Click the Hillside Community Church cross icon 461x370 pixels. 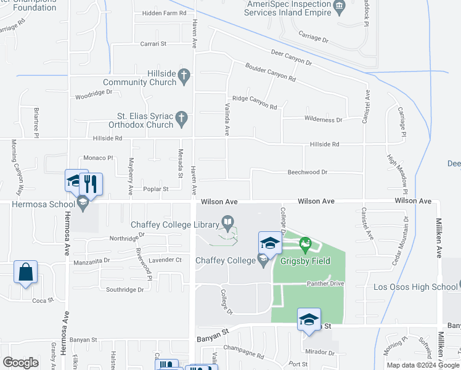pyautogui.click(x=183, y=77)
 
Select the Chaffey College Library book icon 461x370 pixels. pyautogui.click(x=227, y=222)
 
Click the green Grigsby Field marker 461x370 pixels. pyautogui.click(x=304, y=246)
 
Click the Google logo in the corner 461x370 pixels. pyautogui.click(x=20, y=363)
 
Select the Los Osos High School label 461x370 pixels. pyautogui.click(x=415, y=287)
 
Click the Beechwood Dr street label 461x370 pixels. pyautogui.click(x=307, y=173)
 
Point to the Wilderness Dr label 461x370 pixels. pyautogui.click(x=322, y=120)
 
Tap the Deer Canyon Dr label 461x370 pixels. pyautogui.click(x=288, y=58)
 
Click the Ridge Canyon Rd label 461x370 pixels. pyautogui.click(x=255, y=102)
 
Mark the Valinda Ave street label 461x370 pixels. pyautogui.click(x=226, y=120)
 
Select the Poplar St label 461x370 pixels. pyautogui.click(x=156, y=189)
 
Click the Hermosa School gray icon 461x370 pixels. pyautogui.click(x=82, y=202)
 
